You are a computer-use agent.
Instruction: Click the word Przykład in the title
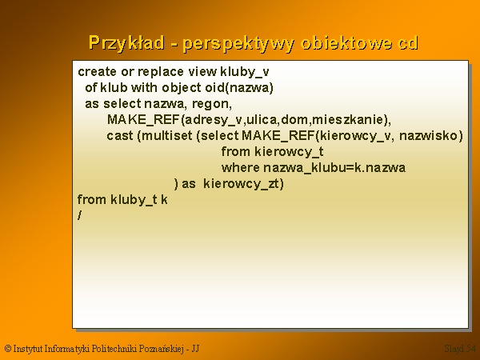[x=126, y=43]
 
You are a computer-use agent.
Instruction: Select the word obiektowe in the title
[x=346, y=43]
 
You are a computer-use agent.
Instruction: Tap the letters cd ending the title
[x=408, y=43]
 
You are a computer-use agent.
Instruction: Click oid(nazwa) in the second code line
[x=239, y=88]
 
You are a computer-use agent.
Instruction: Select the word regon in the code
[x=212, y=104]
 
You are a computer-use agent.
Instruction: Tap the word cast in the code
[x=120, y=136]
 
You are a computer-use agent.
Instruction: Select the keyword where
[x=241, y=167]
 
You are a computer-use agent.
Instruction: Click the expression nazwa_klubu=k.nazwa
[x=334, y=168]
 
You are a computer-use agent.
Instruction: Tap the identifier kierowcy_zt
[x=242, y=184]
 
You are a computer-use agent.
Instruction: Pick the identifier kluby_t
[x=134, y=199]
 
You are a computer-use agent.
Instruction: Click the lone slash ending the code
[x=79, y=215]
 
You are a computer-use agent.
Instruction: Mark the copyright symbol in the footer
[x=8, y=348]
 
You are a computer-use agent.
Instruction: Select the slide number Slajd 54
[x=460, y=349]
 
